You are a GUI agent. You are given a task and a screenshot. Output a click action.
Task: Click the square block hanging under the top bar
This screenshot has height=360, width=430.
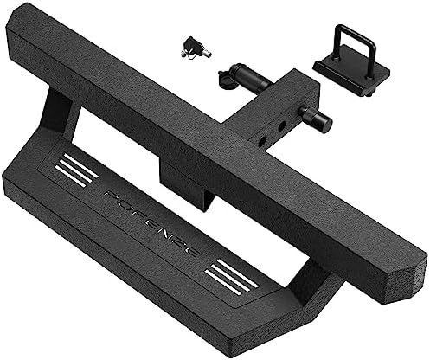[184, 186]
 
